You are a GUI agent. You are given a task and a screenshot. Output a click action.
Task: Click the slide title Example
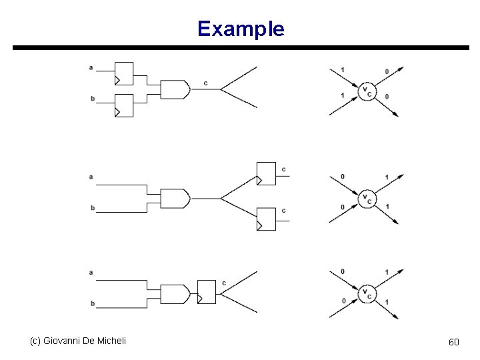click(x=241, y=29)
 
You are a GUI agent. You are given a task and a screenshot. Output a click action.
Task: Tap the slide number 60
click(x=453, y=342)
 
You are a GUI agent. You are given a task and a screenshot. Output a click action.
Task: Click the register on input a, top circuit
click(x=124, y=73)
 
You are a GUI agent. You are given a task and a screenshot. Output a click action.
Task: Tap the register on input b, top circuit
click(x=124, y=105)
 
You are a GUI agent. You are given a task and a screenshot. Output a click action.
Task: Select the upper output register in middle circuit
click(x=266, y=174)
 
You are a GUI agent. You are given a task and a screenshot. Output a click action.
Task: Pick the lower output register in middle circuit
click(x=266, y=219)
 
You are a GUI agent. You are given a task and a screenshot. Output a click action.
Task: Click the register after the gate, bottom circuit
click(x=207, y=291)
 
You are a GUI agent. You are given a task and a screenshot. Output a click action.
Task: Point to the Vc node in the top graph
click(x=366, y=91)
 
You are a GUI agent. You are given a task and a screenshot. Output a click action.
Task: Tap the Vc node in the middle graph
click(x=366, y=198)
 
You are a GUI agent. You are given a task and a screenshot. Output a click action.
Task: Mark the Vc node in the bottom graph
click(x=366, y=293)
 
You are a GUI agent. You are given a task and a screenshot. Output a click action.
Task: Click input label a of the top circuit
click(x=91, y=67)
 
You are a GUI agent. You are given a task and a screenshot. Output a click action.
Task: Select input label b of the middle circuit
click(x=92, y=208)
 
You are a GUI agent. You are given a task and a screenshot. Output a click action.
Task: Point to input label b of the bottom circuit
click(x=92, y=303)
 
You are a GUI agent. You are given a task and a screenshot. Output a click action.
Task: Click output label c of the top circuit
click(x=205, y=83)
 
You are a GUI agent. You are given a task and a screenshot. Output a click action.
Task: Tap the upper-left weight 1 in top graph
click(x=343, y=69)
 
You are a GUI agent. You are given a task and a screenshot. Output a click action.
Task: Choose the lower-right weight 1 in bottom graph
click(x=387, y=302)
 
